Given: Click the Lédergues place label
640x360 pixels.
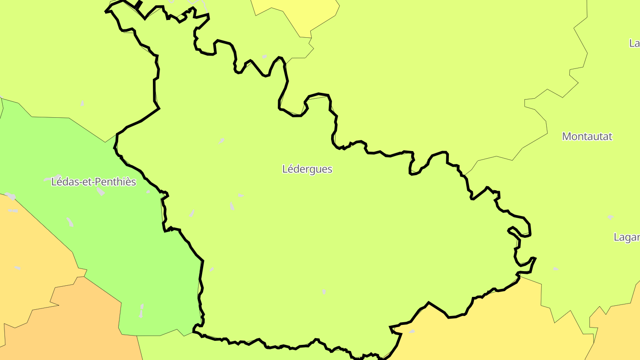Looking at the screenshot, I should coord(307,169).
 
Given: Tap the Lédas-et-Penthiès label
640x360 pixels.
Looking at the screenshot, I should coord(93,182).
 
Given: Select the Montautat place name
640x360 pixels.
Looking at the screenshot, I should coord(587,136).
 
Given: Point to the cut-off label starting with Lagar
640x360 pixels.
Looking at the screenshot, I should coord(627,237).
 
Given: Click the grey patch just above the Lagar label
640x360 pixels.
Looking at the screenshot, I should coord(611,217).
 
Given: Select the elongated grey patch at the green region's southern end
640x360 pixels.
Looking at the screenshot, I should coord(141,311).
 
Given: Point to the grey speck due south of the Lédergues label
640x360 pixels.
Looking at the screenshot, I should coord(324,292).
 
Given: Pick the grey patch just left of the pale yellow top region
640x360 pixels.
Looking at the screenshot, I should coord(264,56).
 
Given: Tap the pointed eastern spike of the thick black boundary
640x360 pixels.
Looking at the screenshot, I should coord(535,258).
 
